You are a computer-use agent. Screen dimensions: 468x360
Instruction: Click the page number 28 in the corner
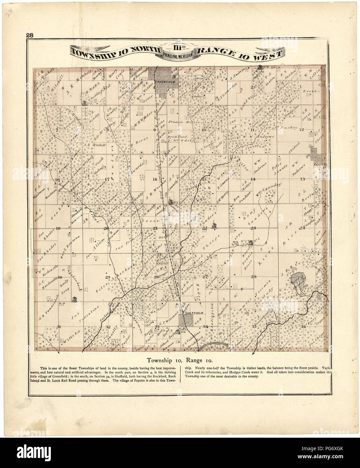click(28, 35)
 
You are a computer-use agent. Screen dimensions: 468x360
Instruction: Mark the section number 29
click(108, 277)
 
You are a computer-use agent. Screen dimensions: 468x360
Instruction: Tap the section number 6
click(63, 88)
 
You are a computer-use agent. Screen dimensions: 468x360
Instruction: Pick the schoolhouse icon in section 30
click(74, 299)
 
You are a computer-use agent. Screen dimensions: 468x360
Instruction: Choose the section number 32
click(108, 327)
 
